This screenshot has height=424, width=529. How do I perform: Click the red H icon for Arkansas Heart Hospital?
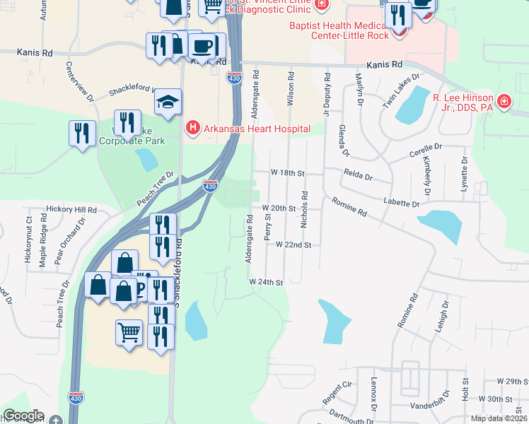[192, 128]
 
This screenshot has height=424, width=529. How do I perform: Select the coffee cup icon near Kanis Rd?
[203, 46]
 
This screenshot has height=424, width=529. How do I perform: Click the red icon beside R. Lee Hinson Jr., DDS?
[504, 102]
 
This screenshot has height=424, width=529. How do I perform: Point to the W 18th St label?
[287, 172]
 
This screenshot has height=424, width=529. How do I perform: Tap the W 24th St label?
[266, 281]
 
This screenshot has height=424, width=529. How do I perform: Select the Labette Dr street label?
[402, 203]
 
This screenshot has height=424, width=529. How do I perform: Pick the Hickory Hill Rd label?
[71, 210]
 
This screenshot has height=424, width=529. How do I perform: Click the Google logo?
[23, 416]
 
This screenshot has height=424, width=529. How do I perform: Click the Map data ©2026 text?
[499, 418]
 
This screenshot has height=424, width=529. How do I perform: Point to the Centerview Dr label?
[80, 82]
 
